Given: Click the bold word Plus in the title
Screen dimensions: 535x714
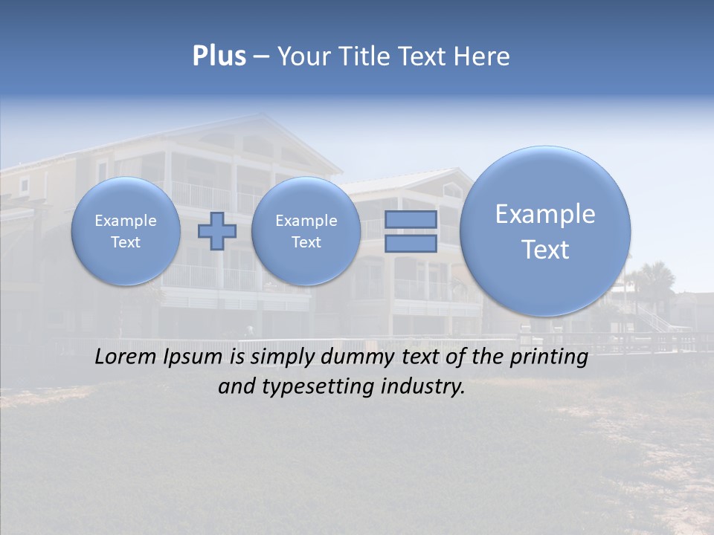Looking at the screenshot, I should click(219, 56).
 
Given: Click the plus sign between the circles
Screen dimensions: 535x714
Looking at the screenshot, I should click(216, 230).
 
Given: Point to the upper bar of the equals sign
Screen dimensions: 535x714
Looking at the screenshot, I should click(410, 219).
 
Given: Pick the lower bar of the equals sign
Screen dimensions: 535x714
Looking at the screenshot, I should click(410, 243).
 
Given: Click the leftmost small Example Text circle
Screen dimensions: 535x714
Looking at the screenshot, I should click(126, 230).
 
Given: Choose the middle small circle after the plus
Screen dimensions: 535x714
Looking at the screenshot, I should click(306, 230).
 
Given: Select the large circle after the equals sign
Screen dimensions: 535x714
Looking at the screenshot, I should click(545, 231).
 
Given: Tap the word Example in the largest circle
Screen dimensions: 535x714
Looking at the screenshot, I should click(545, 214).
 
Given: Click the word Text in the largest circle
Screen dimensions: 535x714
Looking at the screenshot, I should click(545, 250).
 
